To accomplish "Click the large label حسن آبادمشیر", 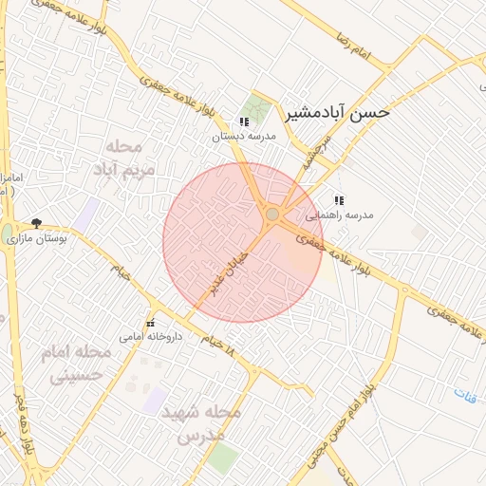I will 337,113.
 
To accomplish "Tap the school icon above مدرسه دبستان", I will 244,121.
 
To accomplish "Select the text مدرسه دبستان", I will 243,137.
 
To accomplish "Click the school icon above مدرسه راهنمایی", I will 338,200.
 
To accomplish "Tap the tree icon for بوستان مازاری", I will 36,223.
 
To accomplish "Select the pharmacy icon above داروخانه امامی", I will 150,323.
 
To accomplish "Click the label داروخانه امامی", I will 143,336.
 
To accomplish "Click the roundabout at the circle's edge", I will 273,215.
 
